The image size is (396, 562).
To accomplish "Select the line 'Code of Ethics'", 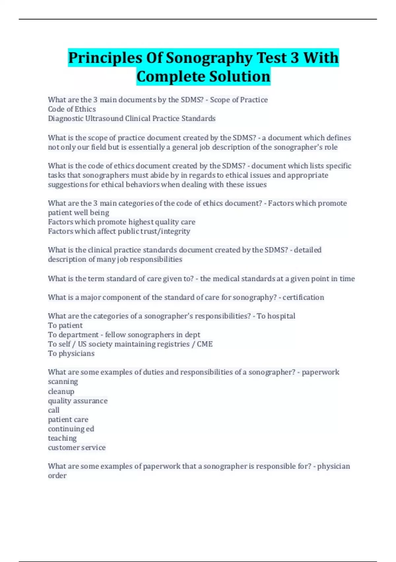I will point(72,109).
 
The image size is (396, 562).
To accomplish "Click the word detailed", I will point(308,250).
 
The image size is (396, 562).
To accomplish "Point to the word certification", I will point(303,297).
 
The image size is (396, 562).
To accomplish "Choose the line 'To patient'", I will point(65,325).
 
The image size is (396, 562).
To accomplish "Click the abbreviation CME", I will point(205,344).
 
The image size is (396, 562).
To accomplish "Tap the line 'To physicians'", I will point(71,353).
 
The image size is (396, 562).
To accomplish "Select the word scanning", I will point(63,381).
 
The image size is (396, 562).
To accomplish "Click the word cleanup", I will point(61,391).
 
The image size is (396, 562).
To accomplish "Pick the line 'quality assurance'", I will point(78,401).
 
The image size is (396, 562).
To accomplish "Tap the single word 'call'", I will point(54,410).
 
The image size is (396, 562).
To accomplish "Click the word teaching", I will point(62,438).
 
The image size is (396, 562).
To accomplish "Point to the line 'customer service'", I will point(77,447).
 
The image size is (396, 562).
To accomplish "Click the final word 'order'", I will point(57,475).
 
